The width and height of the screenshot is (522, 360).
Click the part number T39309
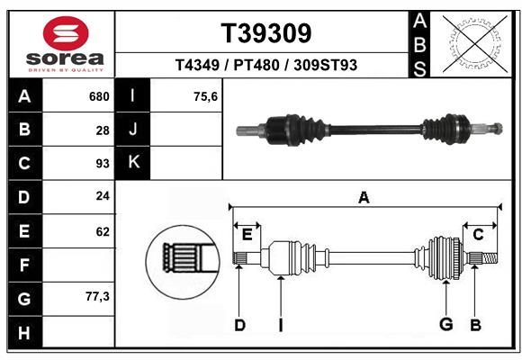(266, 33)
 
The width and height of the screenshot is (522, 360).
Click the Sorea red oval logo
(66, 33)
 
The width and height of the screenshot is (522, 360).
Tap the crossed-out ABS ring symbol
(475, 43)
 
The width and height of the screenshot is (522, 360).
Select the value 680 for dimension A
(99, 96)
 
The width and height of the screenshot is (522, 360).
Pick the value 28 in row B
(103, 130)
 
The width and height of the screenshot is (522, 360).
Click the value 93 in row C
(103, 164)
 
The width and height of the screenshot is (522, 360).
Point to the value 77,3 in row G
(97, 296)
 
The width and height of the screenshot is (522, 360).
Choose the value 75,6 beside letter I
(205, 96)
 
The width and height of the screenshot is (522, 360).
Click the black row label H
(25, 332)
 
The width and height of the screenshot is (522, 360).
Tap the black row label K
(133, 163)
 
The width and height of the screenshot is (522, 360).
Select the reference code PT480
(256, 65)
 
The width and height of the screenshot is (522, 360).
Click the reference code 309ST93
(325, 65)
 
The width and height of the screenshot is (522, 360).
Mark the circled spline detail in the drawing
(183, 262)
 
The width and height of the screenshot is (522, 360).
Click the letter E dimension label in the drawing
(247, 235)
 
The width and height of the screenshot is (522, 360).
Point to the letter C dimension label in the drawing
(478, 235)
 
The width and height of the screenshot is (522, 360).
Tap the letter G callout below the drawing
(446, 324)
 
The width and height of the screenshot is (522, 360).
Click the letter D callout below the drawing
(239, 325)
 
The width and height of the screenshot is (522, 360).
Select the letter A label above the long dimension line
(364, 197)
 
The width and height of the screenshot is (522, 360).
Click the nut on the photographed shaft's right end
(498, 128)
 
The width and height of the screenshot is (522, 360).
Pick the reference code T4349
(197, 65)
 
